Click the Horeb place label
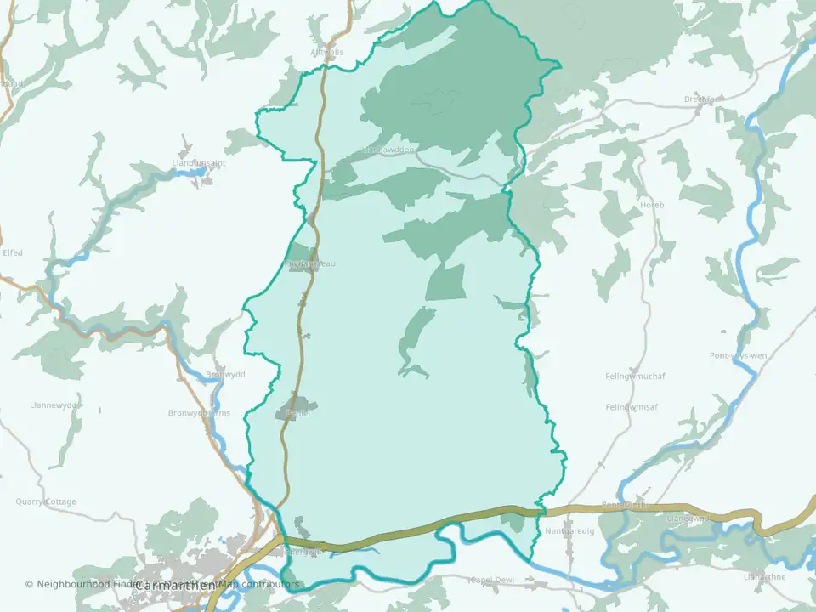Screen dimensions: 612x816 coord(652,205)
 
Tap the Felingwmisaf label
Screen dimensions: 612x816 coord(633,407)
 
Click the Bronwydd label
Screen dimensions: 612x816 coord(225,375)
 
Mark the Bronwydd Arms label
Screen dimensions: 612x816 coord(199,413)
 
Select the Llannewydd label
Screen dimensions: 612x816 coord(54,405)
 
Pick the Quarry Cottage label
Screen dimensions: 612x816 coord(46,501)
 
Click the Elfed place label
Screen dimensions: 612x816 coord(13,252)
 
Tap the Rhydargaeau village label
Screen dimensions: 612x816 coord(311,263)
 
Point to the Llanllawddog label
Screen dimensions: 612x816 coord(388,150)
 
